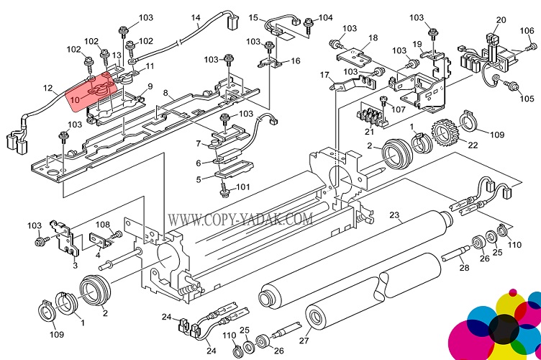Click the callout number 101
[243, 188]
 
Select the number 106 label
[527, 30]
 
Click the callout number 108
[103, 225]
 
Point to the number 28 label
[465, 268]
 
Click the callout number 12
[47, 89]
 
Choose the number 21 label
[369, 132]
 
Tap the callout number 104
[326, 17]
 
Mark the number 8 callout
[165, 93]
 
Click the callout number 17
[324, 74]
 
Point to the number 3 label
[75, 265]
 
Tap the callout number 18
[373, 37]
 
